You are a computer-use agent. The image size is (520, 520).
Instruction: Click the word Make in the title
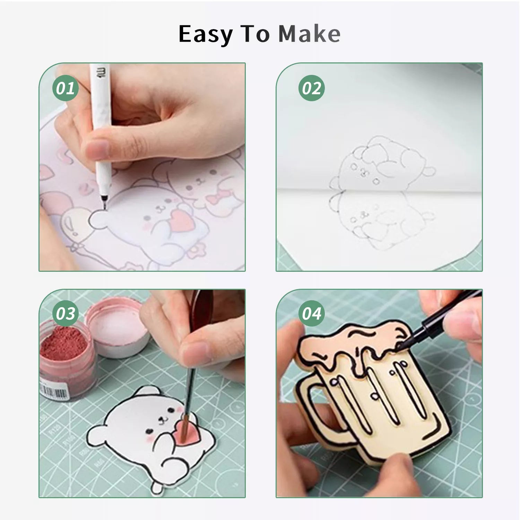click(309, 34)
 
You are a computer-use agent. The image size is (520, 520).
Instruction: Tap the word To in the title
click(255, 34)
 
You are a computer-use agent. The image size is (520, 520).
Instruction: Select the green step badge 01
click(66, 88)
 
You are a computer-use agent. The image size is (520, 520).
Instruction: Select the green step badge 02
click(312, 88)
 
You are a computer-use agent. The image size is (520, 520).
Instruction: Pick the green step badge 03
click(66, 314)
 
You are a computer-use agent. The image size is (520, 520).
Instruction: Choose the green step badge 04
click(312, 314)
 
